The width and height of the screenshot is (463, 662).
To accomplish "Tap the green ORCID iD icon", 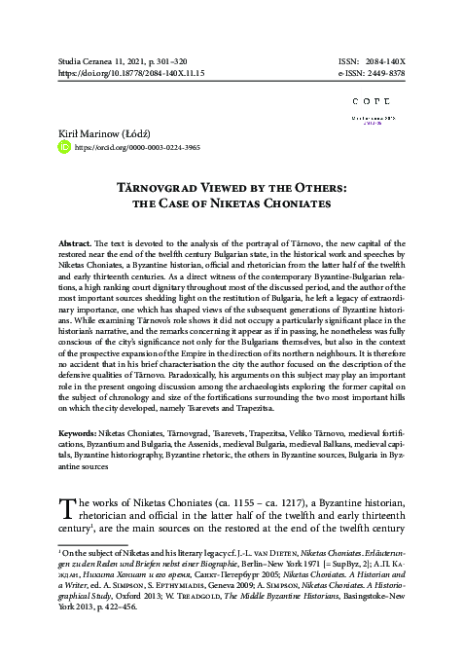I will point(65,148).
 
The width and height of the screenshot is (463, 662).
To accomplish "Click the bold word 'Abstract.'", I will point(80,240).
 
